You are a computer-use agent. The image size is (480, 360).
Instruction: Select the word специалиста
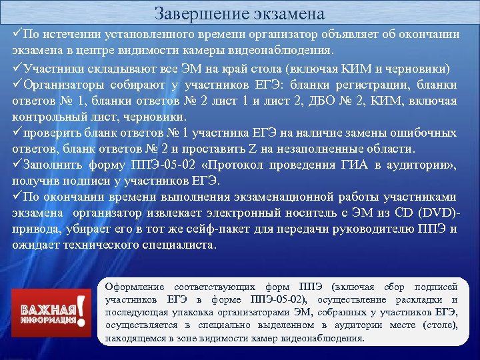(177, 245)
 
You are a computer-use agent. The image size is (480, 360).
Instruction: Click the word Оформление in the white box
(133, 287)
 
